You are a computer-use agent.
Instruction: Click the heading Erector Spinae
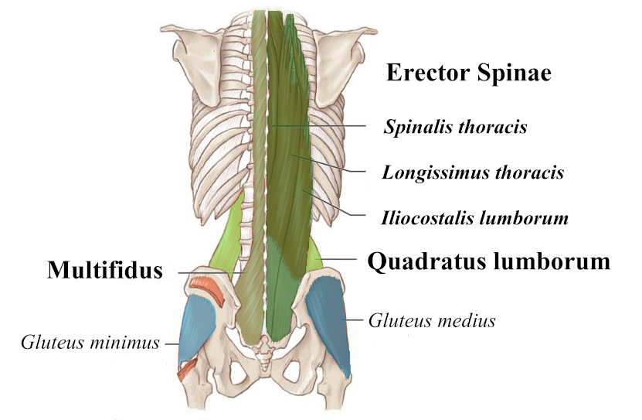467,73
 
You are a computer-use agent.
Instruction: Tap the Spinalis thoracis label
455,126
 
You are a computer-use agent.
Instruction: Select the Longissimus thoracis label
472,172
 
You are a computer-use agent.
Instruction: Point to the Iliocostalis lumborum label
474,218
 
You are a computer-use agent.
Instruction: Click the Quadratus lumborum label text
488,261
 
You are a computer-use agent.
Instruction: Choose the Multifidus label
105,270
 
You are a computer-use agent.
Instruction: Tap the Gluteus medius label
432,319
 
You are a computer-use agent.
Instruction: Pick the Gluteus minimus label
90,341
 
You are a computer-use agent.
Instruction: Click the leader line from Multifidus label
205,272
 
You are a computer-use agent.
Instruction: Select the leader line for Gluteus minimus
171,342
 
